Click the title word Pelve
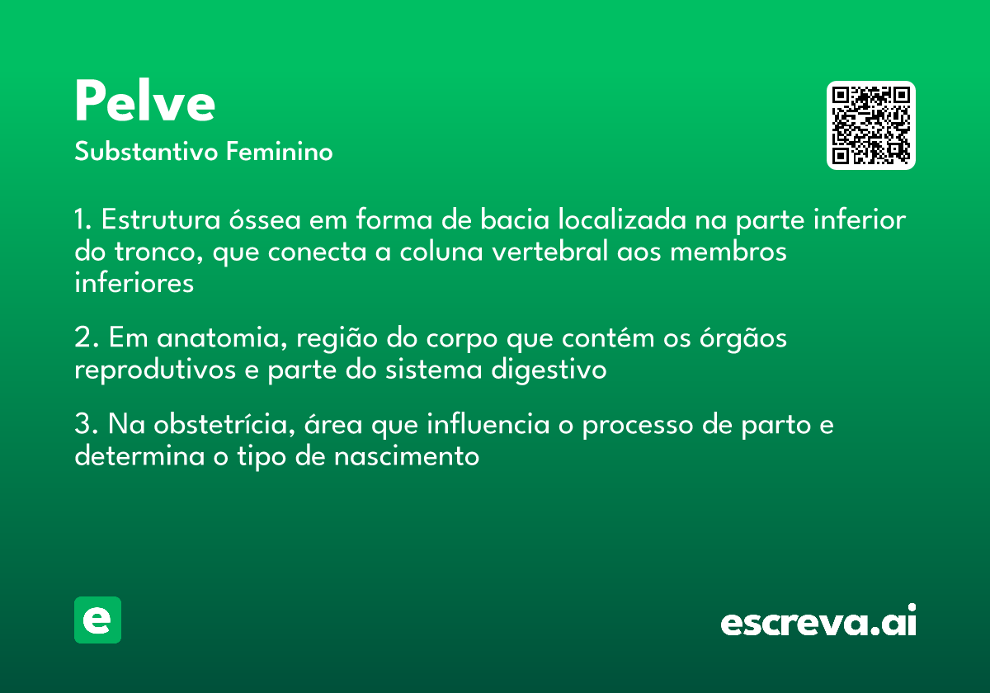pos(145,101)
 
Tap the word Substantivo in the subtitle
pos(146,152)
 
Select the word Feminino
pos(280,151)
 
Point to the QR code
pos(870,125)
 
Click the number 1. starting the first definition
pos(82,219)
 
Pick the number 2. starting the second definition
pos(86,337)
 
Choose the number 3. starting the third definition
pos(86,424)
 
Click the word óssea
pos(265,219)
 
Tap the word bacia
pos(515,219)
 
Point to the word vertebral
pos(550,251)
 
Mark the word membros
pos(728,251)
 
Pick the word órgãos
pos(743,338)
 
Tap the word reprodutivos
pos(155,370)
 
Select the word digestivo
pos(549,370)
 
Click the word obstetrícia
pos(224,424)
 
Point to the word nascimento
pos(407,456)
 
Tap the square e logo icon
pos(97,620)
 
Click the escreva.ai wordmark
pos(818,620)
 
